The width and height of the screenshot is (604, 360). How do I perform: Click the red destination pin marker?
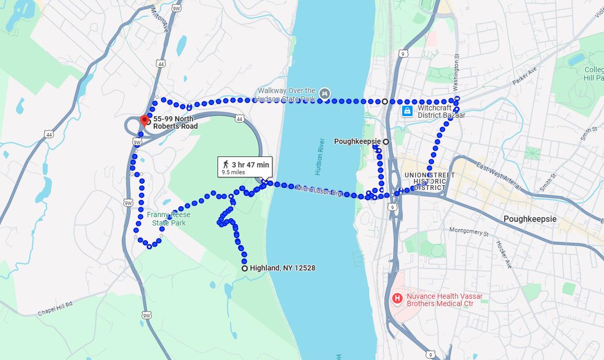pos(144,120)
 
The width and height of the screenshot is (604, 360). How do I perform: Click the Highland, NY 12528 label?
pos(282,268)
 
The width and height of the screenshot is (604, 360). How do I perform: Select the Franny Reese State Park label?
pos(168,219)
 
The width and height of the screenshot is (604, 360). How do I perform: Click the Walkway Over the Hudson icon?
pos(325,94)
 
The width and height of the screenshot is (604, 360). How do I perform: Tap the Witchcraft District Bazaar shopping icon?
pos(407,111)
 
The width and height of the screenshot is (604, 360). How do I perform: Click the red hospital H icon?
pos(397,299)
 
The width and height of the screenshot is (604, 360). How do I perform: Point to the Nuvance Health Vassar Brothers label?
pos(445,300)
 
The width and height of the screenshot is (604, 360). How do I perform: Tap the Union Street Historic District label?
pos(429,181)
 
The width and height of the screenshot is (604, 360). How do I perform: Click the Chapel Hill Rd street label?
pos(54,309)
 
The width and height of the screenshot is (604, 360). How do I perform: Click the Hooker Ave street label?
pos(504,255)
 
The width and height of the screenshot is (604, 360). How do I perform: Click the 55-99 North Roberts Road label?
pos(175,122)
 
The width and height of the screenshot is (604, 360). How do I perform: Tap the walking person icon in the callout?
pos(226,165)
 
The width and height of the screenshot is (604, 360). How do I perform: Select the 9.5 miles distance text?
pos(233,172)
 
